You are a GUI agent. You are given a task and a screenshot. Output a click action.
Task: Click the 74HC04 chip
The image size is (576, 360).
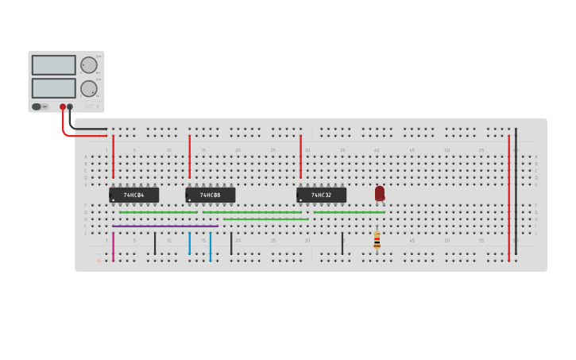pos(133,195)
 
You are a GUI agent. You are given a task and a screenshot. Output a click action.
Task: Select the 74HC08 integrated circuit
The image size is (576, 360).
pos(210,195)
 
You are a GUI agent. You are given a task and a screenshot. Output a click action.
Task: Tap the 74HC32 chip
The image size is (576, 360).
pos(321,195)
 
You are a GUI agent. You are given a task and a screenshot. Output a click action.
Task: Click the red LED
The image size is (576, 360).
pos(380,192)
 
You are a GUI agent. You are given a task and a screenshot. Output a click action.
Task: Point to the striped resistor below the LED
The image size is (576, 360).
pos(377,240)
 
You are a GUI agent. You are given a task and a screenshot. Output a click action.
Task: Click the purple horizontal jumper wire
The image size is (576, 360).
pos(164,226)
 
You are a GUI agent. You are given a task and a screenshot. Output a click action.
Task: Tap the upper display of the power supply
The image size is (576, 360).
pos(53,65)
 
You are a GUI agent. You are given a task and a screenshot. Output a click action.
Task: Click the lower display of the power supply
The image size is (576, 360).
pos(53,87)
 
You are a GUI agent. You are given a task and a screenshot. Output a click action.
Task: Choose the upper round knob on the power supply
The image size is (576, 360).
pos(88,65)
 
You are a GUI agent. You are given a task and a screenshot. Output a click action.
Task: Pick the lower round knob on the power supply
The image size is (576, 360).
pos(88,88)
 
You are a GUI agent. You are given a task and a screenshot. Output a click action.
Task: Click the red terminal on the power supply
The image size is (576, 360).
pos(63,106)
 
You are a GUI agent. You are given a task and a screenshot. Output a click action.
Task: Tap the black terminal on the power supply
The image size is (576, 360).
pos(70,106)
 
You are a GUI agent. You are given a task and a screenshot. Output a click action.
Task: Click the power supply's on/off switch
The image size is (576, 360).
pos(37,106)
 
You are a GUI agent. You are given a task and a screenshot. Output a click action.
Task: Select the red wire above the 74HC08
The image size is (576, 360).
pos(189,157)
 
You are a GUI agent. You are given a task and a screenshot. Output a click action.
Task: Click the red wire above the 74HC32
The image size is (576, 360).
pos(300,157)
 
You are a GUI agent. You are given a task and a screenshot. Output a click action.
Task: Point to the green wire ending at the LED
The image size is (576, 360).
pos(349,212)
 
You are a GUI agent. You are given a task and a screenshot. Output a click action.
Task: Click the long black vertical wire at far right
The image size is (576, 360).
pos(516,191)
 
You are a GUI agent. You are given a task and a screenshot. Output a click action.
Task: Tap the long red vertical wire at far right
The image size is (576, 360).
pos(508,199)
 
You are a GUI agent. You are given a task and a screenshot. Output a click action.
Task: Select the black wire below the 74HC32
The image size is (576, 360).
pos(342,243)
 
